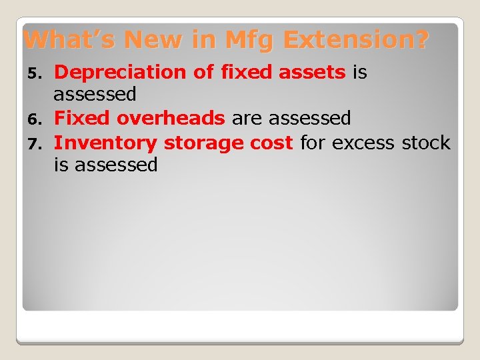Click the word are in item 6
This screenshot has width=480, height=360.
pyautogui.click(x=248, y=119)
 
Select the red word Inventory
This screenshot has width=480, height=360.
pyautogui.click(x=105, y=143)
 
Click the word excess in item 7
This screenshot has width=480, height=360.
pyautogui.click(x=363, y=143)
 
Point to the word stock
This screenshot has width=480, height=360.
pyautogui.click(x=426, y=143)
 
